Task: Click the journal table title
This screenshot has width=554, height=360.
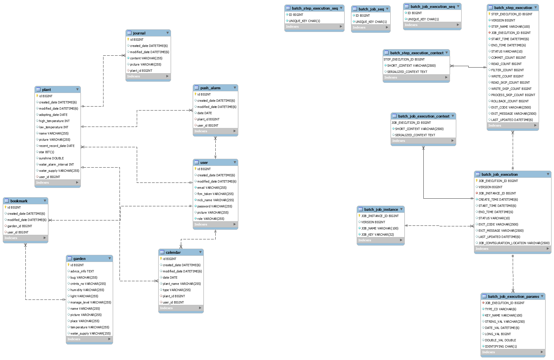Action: pyautogui.click(x=139, y=33)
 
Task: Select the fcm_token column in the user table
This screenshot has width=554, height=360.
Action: pyautogui.click(x=215, y=194)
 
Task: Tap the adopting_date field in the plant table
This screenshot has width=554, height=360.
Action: pyautogui.click(x=53, y=115)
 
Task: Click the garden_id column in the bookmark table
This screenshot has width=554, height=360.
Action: pyautogui.click(x=20, y=226)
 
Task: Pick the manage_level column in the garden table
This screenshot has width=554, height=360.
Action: pyautogui.click(x=90, y=302)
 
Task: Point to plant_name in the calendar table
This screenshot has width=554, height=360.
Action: pyautogui.click(x=181, y=284)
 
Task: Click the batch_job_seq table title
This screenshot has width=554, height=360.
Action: pyautogui.click(x=371, y=9)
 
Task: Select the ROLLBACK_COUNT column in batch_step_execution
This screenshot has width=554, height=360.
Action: pyautogui.click(x=510, y=101)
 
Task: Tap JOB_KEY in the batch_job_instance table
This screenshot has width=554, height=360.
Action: pyautogui.click(x=377, y=235)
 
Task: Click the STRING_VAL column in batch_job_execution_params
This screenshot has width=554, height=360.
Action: pyautogui.click(x=505, y=322)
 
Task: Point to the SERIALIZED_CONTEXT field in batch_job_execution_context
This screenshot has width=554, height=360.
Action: pyautogui.click(x=415, y=135)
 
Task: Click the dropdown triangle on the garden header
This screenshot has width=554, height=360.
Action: pyautogui.click(x=110, y=258)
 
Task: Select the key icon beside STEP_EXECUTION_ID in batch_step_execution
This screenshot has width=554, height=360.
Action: pyautogui.click(x=489, y=14)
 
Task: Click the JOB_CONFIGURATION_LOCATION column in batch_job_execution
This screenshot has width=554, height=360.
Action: pyautogui.click(x=514, y=243)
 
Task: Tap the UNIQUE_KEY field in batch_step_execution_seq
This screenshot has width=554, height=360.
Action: pyautogui.click(x=304, y=21)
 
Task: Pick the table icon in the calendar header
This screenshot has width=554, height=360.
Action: pyautogui.click(x=162, y=252)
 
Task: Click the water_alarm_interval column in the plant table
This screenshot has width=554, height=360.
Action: pyautogui.click(x=56, y=164)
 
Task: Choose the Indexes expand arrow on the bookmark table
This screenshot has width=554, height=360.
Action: pyautogui.click(x=45, y=238)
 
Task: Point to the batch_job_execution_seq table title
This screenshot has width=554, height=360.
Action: pyautogui.click(x=432, y=6)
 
